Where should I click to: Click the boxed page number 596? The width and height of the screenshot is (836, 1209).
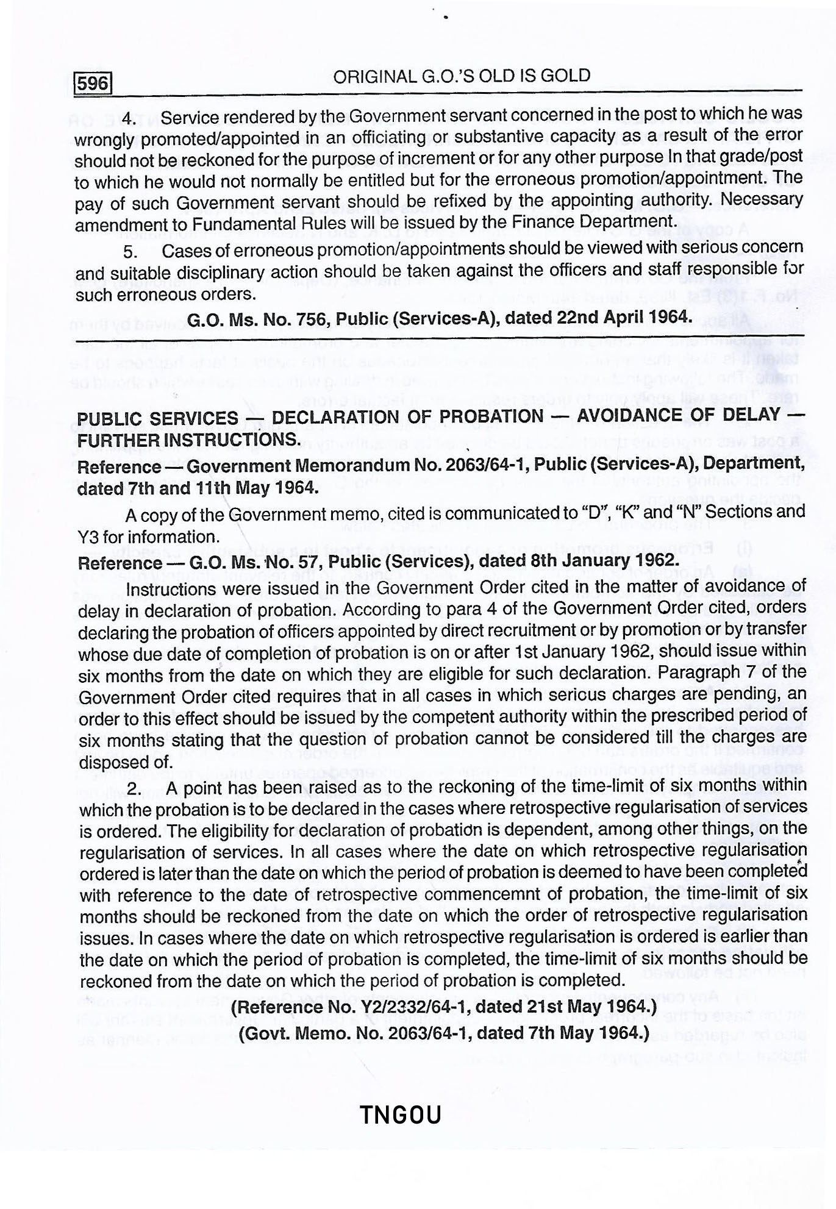[x=93, y=82]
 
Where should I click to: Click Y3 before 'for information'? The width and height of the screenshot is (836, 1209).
[x=89, y=537]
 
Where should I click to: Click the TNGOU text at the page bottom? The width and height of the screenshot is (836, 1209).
[x=400, y=1115]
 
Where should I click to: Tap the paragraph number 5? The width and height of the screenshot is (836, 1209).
[x=130, y=251]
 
